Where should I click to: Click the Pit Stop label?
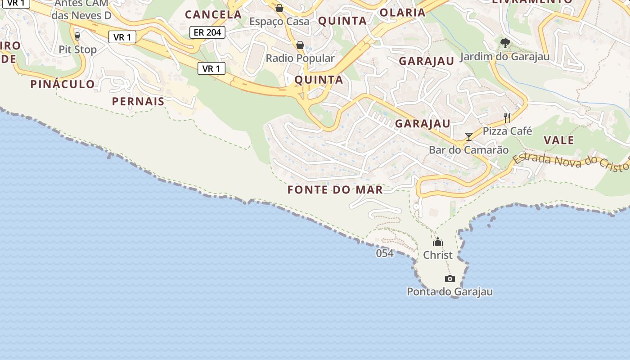pos(77,49)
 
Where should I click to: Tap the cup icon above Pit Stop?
pos(77,36)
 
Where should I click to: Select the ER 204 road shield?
pos(207,32)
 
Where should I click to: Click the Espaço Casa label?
pos(279,21)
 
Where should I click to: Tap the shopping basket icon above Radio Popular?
pos(300,45)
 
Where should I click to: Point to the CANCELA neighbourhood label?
pos(213,14)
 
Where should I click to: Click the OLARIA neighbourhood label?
pos(402,13)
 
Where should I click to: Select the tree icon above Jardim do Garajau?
pos(505,43)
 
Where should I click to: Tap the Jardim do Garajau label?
pos(505,57)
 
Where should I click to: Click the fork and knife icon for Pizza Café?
pos(507,118)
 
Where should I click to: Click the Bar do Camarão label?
pos(469,150)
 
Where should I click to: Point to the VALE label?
pos(559,140)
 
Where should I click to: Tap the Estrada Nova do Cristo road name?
pos(571,162)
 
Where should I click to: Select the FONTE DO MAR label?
pos(335,189)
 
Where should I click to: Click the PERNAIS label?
pos(138,101)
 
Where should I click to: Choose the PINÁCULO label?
pos(63,84)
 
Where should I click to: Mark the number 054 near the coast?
pos(385,253)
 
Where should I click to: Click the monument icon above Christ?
pos(438,242)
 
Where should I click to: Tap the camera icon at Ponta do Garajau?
pos(450,279)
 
